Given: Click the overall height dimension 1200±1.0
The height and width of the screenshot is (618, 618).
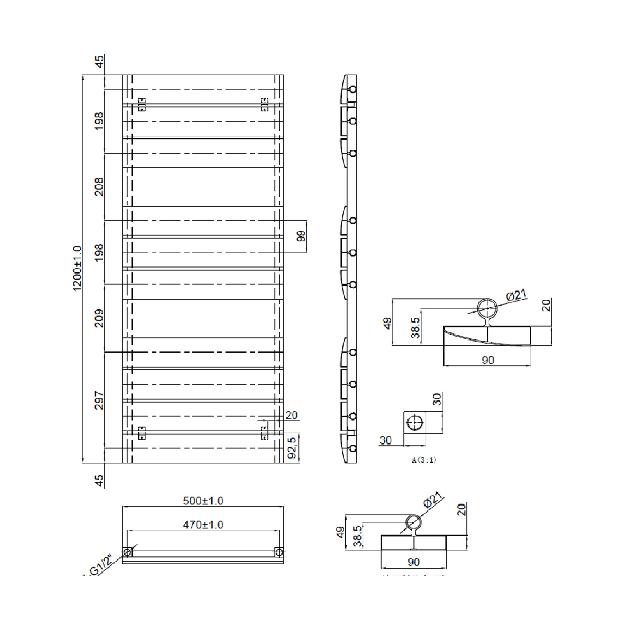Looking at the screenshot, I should [x=77, y=268].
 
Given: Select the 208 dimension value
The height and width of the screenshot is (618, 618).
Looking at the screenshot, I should [x=99, y=187].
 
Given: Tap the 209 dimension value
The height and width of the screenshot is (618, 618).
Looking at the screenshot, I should [x=99, y=318].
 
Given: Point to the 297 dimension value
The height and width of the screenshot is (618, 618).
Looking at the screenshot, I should [x=99, y=400].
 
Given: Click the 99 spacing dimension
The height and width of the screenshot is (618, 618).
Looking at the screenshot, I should [x=302, y=236].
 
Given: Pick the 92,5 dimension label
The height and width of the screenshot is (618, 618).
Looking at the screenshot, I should [x=292, y=448].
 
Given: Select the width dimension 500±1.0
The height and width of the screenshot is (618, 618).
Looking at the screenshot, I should [x=203, y=501].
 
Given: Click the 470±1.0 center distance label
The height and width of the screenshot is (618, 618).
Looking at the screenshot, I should [x=203, y=524].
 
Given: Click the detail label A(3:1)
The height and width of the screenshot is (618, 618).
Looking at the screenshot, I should [x=424, y=460].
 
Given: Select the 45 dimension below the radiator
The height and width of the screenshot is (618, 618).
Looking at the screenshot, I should [x=99, y=480].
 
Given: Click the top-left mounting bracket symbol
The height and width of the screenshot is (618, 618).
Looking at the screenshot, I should [x=141, y=105].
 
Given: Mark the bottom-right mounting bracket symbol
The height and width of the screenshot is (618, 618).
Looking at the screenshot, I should [x=264, y=433].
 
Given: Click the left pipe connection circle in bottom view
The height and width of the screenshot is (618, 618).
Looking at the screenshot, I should [x=127, y=552].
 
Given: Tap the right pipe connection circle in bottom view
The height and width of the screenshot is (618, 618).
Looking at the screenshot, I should [x=279, y=552].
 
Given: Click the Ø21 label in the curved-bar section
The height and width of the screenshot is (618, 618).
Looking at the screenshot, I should [x=516, y=295].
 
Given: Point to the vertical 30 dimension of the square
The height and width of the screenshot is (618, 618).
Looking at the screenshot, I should [x=437, y=399].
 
